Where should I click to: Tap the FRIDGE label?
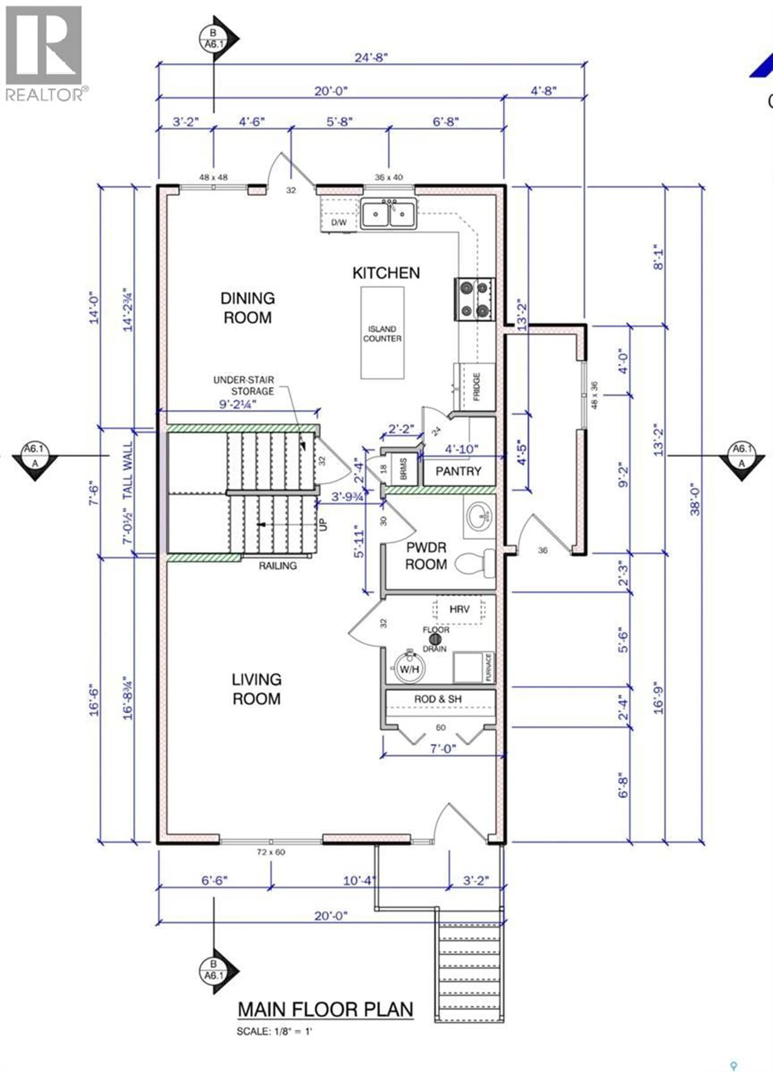point(476,386)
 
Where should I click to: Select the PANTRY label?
point(458,471)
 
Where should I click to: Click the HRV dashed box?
point(459,609)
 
